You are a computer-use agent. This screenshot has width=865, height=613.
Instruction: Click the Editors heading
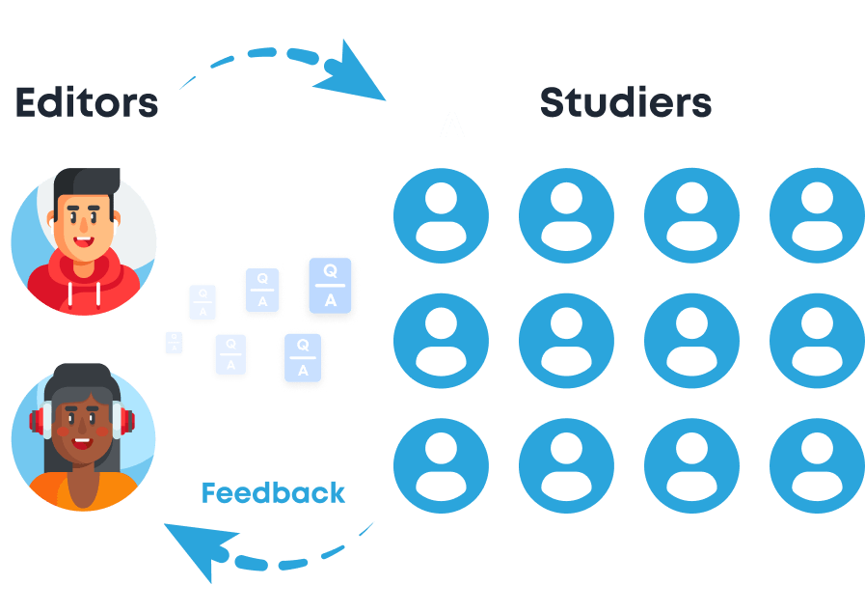tap(86, 102)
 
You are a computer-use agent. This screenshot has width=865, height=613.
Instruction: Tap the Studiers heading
tap(625, 102)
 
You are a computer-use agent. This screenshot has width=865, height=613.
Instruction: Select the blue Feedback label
tap(273, 493)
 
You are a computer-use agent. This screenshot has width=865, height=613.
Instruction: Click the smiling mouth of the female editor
tap(82, 445)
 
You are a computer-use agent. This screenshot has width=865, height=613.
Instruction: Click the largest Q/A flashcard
tap(331, 287)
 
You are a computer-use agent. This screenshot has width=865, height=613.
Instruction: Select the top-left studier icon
tap(441, 215)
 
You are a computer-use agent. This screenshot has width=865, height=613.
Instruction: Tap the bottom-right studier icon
tap(815, 466)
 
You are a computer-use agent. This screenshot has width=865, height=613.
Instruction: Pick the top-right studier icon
tap(815, 215)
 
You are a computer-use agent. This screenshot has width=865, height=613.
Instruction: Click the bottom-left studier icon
tap(441, 466)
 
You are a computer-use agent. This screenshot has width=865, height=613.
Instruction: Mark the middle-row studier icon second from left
tap(566, 341)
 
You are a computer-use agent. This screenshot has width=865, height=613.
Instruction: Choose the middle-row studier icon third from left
tap(691, 341)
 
